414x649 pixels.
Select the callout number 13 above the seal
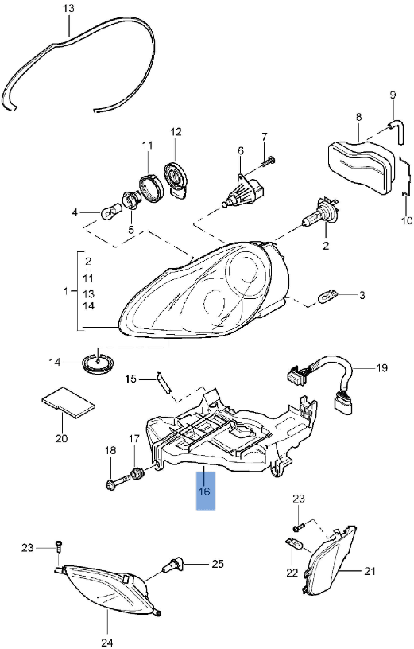(x=69, y=8)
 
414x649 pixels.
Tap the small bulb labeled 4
(x=110, y=212)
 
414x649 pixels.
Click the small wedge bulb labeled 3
(x=328, y=295)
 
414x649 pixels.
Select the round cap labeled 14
(x=99, y=363)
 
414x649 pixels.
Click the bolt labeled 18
(x=118, y=483)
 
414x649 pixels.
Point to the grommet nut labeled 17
(x=137, y=472)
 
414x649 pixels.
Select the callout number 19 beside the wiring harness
(x=381, y=367)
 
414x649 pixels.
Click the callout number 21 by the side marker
(x=370, y=571)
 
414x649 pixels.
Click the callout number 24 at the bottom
(x=106, y=643)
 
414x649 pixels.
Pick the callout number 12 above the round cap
(x=176, y=132)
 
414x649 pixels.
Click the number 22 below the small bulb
(x=292, y=573)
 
